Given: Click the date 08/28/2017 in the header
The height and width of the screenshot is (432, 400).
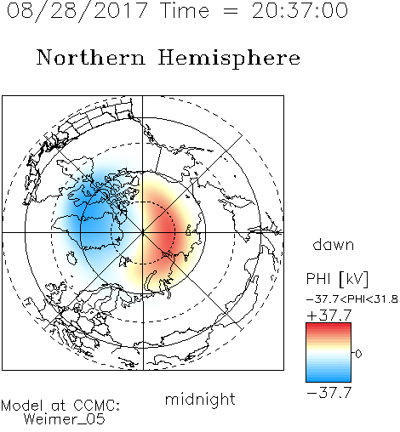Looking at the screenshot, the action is click(77, 10).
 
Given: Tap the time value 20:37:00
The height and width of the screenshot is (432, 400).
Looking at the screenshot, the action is click(300, 10).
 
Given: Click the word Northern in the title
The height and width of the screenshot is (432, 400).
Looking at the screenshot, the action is click(91, 58).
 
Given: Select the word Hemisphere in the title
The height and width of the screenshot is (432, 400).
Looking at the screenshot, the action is click(229, 59).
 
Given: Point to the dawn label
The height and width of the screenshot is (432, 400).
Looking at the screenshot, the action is click(334, 244).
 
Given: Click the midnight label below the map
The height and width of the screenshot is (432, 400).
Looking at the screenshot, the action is click(200, 399).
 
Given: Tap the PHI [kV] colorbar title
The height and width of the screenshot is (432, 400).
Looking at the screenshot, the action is click(337, 279).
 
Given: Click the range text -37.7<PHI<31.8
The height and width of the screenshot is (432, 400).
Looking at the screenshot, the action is click(352, 299).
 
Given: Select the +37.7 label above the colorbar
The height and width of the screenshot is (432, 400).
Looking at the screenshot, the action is click(329, 315).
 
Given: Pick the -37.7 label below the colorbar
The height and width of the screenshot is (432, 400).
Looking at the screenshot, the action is click(329, 392).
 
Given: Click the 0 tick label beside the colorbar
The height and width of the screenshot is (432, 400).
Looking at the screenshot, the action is click(358, 354).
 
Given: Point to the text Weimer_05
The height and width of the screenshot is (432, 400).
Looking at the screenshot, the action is click(65, 418).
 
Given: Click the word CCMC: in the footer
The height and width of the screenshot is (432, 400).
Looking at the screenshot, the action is click(97, 406).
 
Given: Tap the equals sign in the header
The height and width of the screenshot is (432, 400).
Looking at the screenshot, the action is click(231, 11).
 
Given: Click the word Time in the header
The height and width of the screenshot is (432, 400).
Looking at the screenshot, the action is click(185, 10).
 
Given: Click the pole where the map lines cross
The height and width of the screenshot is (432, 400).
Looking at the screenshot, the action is click(143, 232).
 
